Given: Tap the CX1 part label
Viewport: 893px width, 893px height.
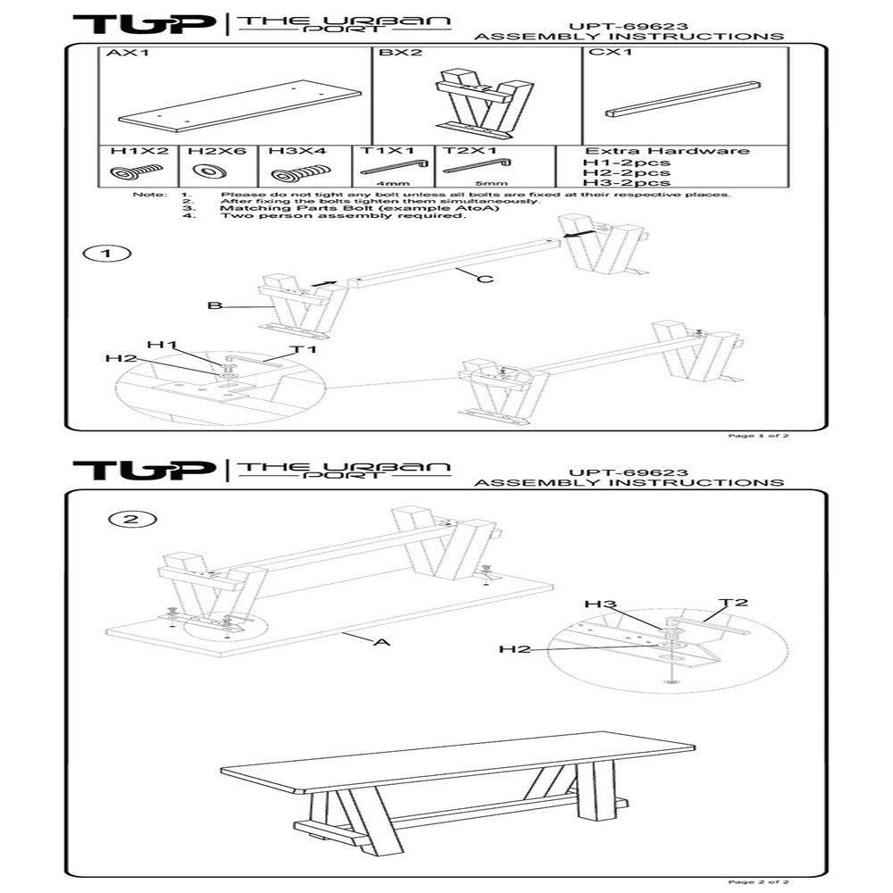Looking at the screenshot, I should pyautogui.click(x=608, y=54).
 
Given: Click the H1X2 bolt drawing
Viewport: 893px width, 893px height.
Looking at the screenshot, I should pyautogui.click(x=137, y=171).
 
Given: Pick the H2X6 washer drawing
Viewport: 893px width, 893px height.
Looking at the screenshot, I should pyautogui.click(x=208, y=171).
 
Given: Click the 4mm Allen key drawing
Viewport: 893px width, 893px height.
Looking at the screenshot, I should pyautogui.click(x=393, y=165).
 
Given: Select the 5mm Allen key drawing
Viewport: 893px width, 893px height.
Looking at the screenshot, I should pyautogui.click(x=477, y=165).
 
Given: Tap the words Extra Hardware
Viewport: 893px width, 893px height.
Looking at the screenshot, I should pyautogui.click(x=666, y=151).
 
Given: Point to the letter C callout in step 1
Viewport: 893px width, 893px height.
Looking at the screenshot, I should pyautogui.click(x=485, y=280).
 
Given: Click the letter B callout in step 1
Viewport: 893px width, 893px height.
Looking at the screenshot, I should pyautogui.click(x=214, y=305).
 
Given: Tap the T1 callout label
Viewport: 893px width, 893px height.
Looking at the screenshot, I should pyautogui.click(x=305, y=349).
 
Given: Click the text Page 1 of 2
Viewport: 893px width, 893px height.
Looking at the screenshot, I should pyautogui.click(x=759, y=437).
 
